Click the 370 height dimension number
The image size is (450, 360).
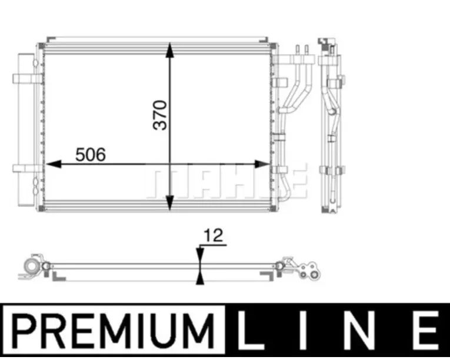pos(160,115)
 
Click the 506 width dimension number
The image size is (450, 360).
pos(91,155)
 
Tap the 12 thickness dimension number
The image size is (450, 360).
pos(213,235)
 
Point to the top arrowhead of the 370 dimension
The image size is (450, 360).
pos(170,50)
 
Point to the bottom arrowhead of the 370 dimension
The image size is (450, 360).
pos(170,203)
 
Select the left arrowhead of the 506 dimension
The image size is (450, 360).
pos(54,164)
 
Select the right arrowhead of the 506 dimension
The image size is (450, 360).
pos(262,164)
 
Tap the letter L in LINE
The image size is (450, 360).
pos(248,331)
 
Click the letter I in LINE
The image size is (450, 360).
pos(303,331)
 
